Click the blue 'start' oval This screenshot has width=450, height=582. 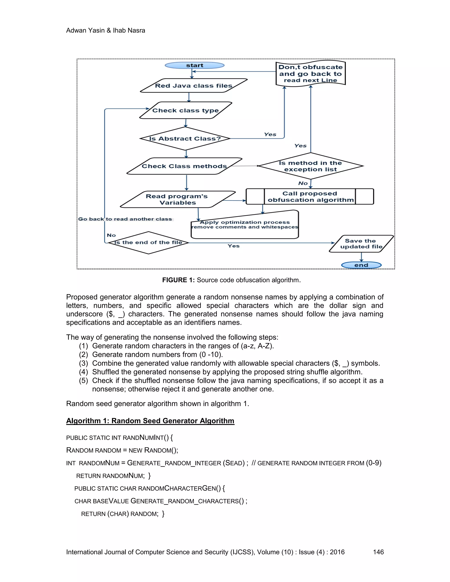(195, 65)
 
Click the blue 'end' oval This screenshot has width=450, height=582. (361, 265)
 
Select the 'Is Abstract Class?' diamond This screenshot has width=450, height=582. (185, 139)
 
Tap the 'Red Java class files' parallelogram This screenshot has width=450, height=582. (194, 85)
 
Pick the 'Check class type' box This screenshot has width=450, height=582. (185, 110)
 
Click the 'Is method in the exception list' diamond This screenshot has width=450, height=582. (310, 166)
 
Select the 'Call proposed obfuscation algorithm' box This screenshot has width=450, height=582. (310, 197)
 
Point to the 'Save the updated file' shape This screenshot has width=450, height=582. (361, 244)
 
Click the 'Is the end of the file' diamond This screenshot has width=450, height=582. (148, 242)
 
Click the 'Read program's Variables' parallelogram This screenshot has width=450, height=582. (178, 199)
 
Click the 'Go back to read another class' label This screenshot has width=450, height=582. (125, 219)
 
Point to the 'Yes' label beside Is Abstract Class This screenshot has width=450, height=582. (270, 134)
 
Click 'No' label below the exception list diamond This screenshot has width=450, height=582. (303, 183)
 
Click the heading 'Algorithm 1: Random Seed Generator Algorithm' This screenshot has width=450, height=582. (150, 421)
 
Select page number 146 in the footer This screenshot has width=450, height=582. (378, 552)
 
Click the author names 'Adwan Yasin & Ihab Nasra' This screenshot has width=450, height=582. (105, 30)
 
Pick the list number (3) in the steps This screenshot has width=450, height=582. (83, 363)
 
